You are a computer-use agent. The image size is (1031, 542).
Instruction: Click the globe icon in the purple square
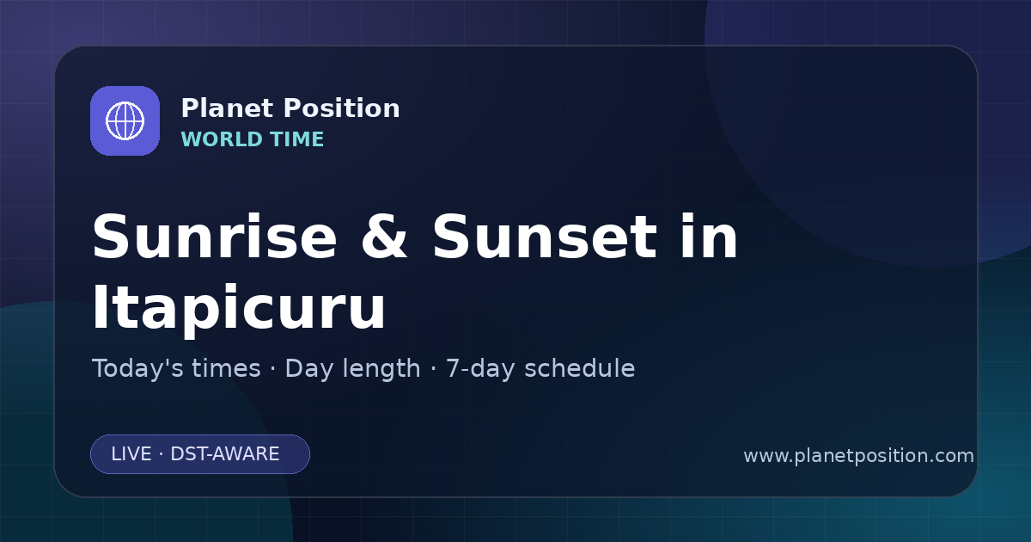pos(125,120)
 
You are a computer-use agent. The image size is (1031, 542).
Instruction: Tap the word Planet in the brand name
pos(227,108)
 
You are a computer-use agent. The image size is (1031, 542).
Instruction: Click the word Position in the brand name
pos(342,108)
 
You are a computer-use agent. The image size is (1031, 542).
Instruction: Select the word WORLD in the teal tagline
pos(221,139)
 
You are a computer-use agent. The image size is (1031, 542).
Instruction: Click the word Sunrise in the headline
pos(215,237)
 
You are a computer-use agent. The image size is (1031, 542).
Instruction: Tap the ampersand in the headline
pos(384,237)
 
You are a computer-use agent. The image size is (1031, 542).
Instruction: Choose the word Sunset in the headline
pos(545,237)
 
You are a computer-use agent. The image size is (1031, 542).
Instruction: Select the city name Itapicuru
pos(239,308)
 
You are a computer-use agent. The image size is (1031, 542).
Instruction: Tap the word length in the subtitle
pos(378,369)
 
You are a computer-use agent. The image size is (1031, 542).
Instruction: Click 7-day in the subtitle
pos(480,369)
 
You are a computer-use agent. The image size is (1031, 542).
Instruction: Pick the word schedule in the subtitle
pos(580,368)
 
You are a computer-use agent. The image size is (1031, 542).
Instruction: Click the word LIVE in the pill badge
pos(131,454)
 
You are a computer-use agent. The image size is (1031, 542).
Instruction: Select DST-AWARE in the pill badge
pos(224,454)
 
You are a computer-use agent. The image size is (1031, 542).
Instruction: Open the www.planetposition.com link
pos(859,456)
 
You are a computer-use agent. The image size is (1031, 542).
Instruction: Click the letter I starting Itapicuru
pos(100,306)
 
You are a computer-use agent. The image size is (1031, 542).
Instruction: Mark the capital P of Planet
pos(189,108)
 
